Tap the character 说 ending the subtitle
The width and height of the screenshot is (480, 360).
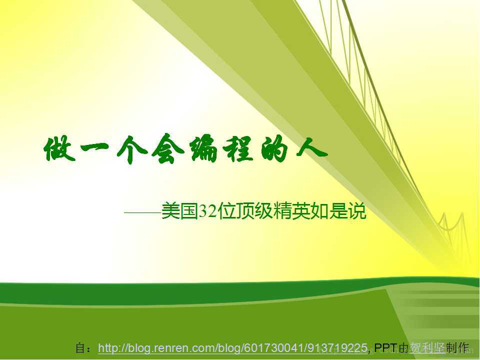coord(357,212)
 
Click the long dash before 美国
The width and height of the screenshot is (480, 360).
coord(142,213)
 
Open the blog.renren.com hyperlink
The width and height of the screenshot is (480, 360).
coord(233,347)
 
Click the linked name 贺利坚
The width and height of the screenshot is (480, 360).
coord(427,348)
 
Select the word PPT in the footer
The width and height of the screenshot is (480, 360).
coord(385,348)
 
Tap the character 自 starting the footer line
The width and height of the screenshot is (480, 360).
coord(80,348)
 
